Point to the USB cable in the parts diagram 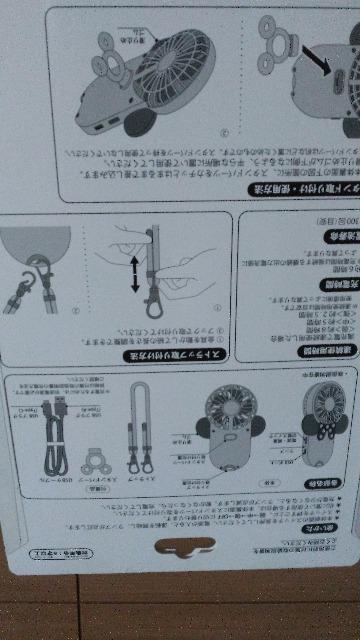point(49,440)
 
